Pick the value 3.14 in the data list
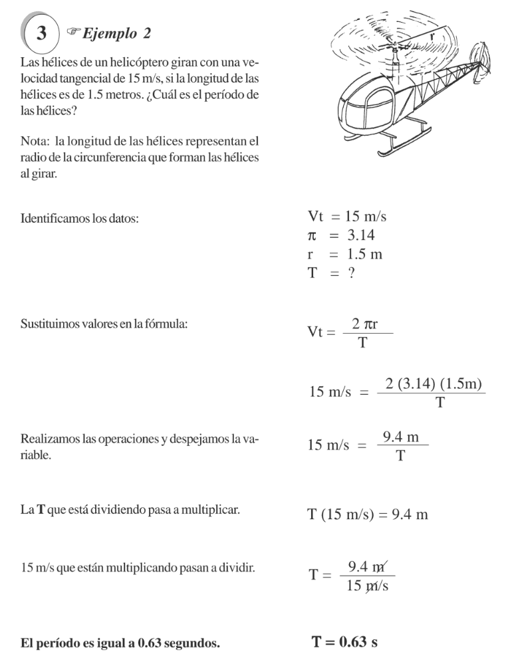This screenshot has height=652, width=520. (364, 235)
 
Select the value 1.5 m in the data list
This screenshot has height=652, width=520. (364, 255)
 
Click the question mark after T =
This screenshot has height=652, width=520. (351, 273)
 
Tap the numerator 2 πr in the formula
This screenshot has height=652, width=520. (365, 325)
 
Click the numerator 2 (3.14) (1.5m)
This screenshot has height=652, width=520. (433, 384)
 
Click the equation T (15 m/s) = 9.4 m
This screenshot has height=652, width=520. (368, 515)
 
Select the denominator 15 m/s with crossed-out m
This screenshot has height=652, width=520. (368, 586)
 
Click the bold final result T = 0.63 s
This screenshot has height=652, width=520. (344, 642)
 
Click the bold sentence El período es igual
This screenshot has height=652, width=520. (120, 643)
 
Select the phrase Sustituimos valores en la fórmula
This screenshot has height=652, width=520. (104, 324)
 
